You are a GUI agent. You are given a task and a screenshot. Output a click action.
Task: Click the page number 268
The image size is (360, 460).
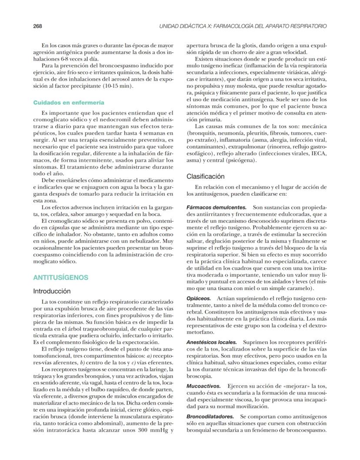(x=37, y=26)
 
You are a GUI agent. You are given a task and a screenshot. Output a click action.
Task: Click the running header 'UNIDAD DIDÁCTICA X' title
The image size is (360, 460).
(x=243, y=26)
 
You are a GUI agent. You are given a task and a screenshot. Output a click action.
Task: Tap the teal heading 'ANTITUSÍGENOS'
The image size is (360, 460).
(x=60, y=277)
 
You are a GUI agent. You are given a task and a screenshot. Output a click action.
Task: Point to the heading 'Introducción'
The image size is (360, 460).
(x=52, y=291)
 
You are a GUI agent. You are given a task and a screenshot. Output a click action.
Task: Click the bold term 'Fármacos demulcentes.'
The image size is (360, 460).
(x=217, y=208)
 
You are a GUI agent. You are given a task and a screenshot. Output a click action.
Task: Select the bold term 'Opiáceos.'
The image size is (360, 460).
(x=199, y=299)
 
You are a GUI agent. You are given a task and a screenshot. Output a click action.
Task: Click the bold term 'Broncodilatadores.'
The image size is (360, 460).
(x=210, y=417)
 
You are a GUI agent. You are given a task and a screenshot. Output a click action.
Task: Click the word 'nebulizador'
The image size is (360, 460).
(x=140, y=240)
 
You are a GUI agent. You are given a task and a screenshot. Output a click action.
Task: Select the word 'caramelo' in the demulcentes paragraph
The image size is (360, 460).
(x=300, y=288)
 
